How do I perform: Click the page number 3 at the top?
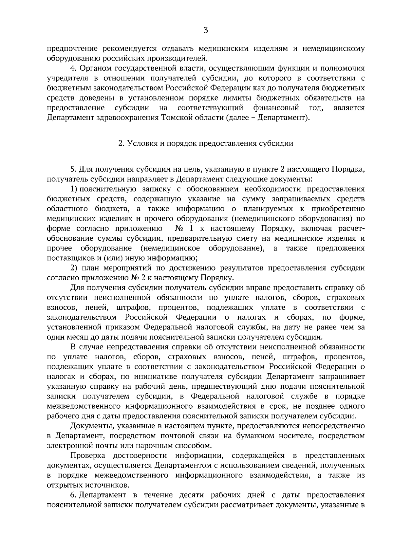[x=205, y=31]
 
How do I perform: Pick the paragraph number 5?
[x=73, y=169]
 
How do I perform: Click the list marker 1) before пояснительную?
[x=74, y=189]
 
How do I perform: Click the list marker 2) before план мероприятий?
[x=74, y=268]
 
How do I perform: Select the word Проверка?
[x=87, y=455]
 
